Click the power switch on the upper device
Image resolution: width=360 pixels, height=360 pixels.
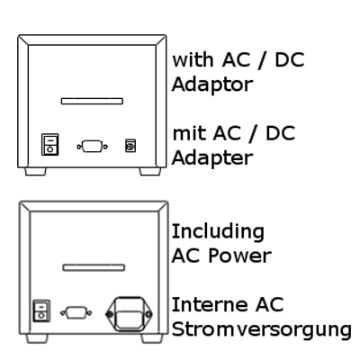tap(49, 145)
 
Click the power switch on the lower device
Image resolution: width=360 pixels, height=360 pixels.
tap(41, 310)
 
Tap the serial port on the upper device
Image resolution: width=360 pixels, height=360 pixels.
tap(93, 147)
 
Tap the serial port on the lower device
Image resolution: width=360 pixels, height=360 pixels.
tap(76, 313)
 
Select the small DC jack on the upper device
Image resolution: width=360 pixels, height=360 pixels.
tap(130, 146)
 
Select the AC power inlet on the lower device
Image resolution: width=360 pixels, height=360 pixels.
tap(129, 314)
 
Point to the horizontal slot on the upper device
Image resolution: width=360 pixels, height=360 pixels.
tap(92, 101)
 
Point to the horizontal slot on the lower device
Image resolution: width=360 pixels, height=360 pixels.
tap(94, 267)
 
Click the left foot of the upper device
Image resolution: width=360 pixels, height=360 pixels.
tap(35, 171)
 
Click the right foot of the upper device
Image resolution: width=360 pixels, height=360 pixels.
tap(150, 171)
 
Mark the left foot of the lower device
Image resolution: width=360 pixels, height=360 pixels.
tap(37, 338)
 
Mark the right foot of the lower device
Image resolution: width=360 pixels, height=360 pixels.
tap(152, 338)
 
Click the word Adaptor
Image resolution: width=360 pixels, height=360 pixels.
tap(212, 85)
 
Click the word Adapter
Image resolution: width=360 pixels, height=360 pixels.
tap(212, 158)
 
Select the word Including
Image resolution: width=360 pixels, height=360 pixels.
tap(218, 232)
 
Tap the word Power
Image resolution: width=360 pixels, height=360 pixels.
tap(239, 256)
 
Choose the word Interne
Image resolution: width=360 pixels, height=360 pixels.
tap(210, 305)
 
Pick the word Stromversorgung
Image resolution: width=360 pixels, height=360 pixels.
tap(262, 330)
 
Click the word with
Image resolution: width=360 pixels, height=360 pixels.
tap(193, 59)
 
